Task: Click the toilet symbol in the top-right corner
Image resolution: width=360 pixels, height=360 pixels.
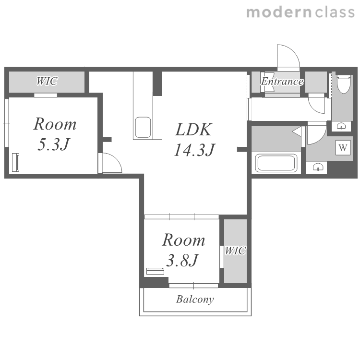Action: pyautogui.click(x=344, y=84)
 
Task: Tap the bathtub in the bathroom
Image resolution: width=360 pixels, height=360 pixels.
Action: pyautogui.click(x=276, y=163)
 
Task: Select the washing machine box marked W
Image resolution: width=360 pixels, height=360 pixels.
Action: pyautogui.click(x=343, y=147)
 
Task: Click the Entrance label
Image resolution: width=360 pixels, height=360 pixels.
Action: pyautogui.click(x=282, y=82)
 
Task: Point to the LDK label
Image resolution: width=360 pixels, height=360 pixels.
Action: pyautogui.click(x=193, y=130)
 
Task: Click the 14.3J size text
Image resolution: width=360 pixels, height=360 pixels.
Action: pyautogui.click(x=194, y=150)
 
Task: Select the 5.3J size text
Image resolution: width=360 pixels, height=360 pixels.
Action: pyautogui.click(x=53, y=144)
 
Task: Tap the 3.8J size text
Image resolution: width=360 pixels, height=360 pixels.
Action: pyautogui.click(x=181, y=260)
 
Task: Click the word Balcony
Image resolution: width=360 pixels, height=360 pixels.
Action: pyautogui.click(x=195, y=300)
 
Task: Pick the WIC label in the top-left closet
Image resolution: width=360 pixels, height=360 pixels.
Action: pyautogui.click(x=47, y=81)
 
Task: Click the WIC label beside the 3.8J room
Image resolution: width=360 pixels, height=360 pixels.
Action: pyautogui.click(x=235, y=251)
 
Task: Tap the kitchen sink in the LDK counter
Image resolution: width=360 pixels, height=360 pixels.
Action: pyautogui.click(x=143, y=127)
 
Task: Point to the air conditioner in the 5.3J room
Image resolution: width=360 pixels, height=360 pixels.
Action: pyautogui.click(x=16, y=162)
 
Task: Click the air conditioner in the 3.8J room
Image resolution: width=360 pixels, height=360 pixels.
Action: pyautogui.click(x=155, y=271)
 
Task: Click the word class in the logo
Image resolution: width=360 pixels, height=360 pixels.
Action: pyautogui.click(x=335, y=12)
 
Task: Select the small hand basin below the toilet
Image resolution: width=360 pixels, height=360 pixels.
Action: pyautogui.click(x=341, y=126)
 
